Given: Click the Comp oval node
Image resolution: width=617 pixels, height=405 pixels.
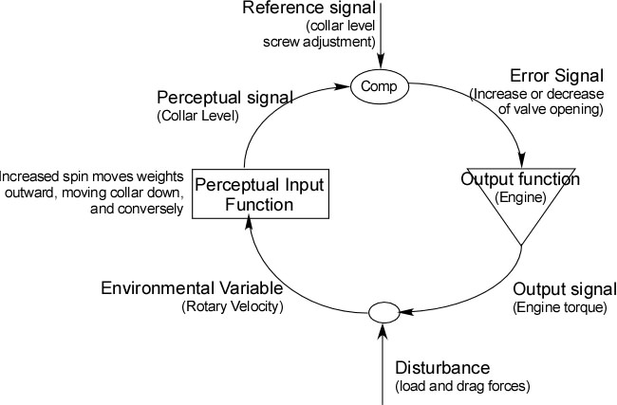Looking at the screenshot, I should click(x=380, y=86).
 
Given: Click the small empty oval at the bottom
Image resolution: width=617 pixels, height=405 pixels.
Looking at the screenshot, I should click(x=383, y=311).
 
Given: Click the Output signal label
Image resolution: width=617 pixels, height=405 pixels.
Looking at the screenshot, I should click(x=558, y=289).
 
